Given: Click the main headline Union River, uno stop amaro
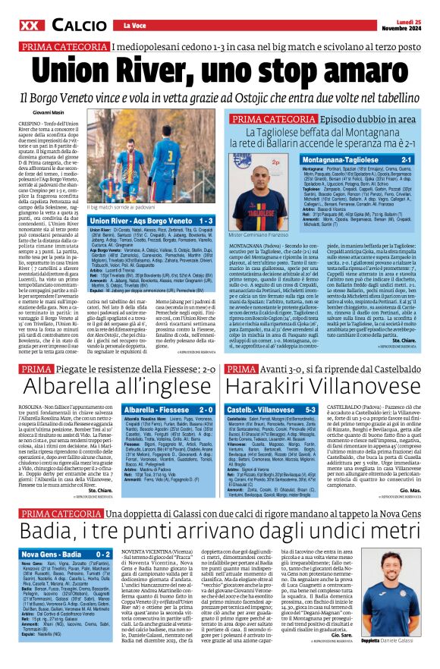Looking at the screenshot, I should pyautogui.click(x=220, y=70).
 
